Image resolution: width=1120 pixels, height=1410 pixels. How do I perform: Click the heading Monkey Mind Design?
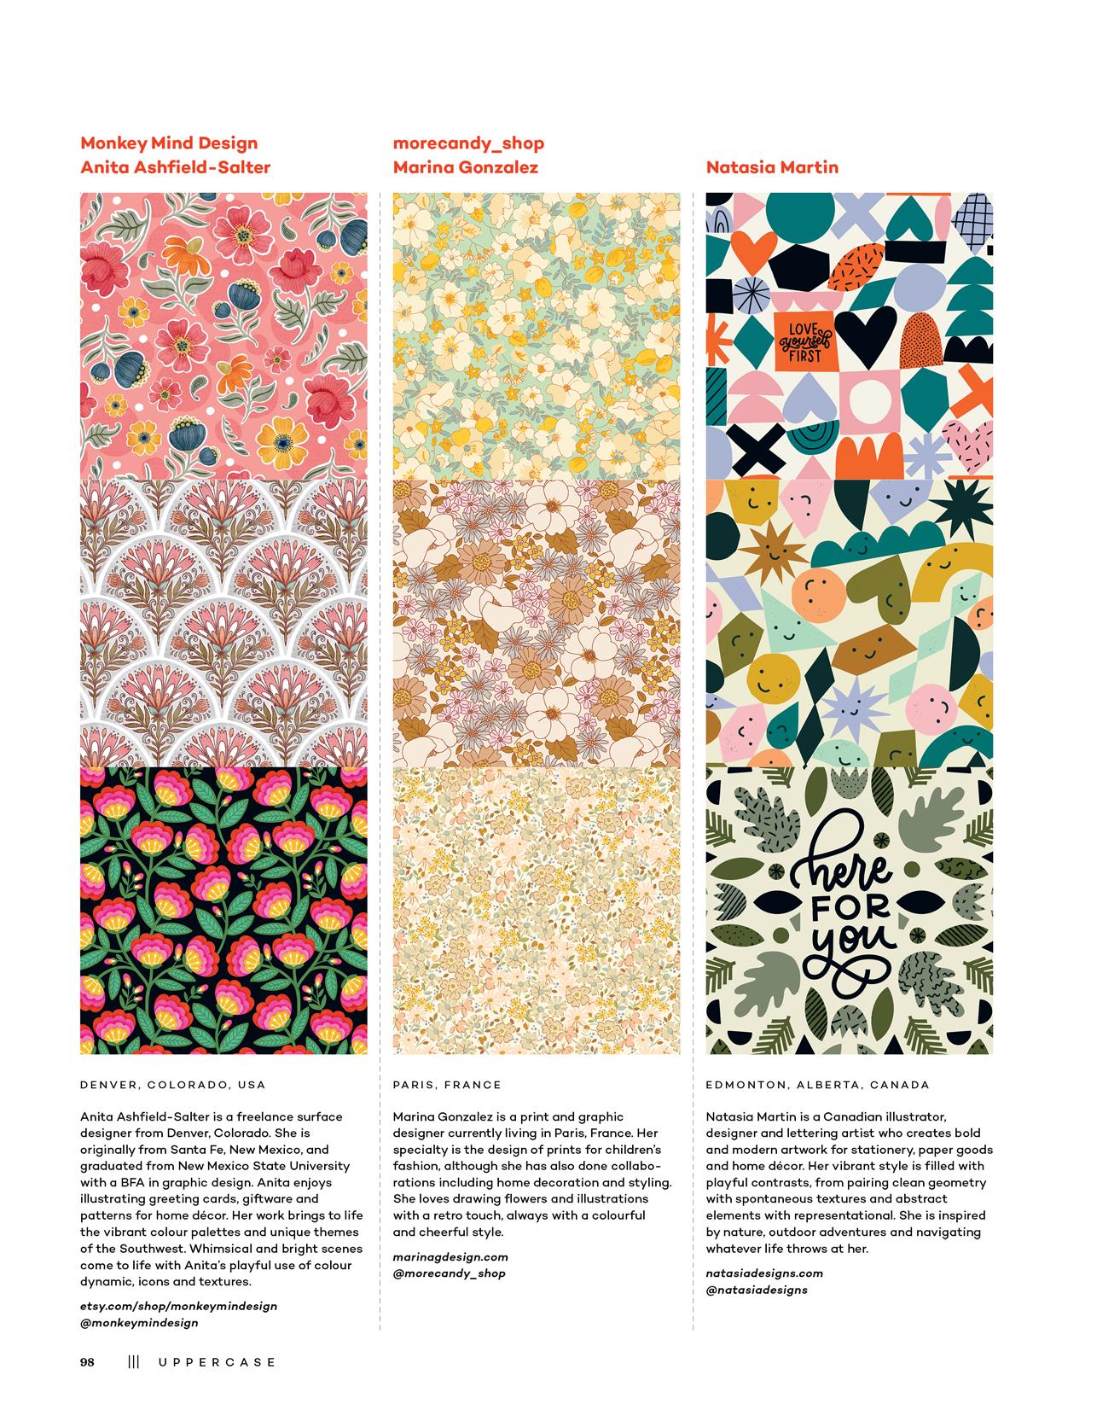pyautogui.click(x=168, y=143)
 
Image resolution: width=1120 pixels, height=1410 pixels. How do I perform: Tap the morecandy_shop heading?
pyautogui.click(x=468, y=143)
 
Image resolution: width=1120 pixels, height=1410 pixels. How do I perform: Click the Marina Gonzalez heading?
pyautogui.click(x=465, y=167)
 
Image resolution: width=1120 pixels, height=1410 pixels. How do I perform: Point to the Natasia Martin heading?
pyautogui.click(x=772, y=167)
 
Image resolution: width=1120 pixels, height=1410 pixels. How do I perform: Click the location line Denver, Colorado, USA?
pyautogui.click(x=172, y=1085)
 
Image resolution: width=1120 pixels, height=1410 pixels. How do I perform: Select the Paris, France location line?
pyautogui.click(x=447, y=1085)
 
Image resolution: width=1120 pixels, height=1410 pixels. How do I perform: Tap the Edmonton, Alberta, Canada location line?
pyautogui.click(x=817, y=1085)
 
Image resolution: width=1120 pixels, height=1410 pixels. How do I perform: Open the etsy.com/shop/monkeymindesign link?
pyautogui.click(x=178, y=1306)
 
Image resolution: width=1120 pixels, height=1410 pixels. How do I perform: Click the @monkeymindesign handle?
pyautogui.click(x=139, y=1323)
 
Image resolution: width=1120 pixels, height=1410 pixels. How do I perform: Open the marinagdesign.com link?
pyautogui.click(x=450, y=1256)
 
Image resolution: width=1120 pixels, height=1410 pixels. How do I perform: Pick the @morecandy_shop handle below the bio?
pyautogui.click(x=449, y=1273)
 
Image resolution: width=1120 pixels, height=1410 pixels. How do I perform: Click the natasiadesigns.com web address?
pyautogui.click(x=764, y=1273)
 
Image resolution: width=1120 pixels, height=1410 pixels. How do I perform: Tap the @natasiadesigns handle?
pyautogui.click(x=757, y=1290)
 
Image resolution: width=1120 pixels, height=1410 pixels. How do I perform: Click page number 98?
pyautogui.click(x=87, y=1362)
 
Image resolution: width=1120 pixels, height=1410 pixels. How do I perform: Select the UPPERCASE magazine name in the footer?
pyautogui.click(x=217, y=1362)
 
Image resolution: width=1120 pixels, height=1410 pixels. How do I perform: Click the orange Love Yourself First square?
pyautogui.click(x=802, y=341)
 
